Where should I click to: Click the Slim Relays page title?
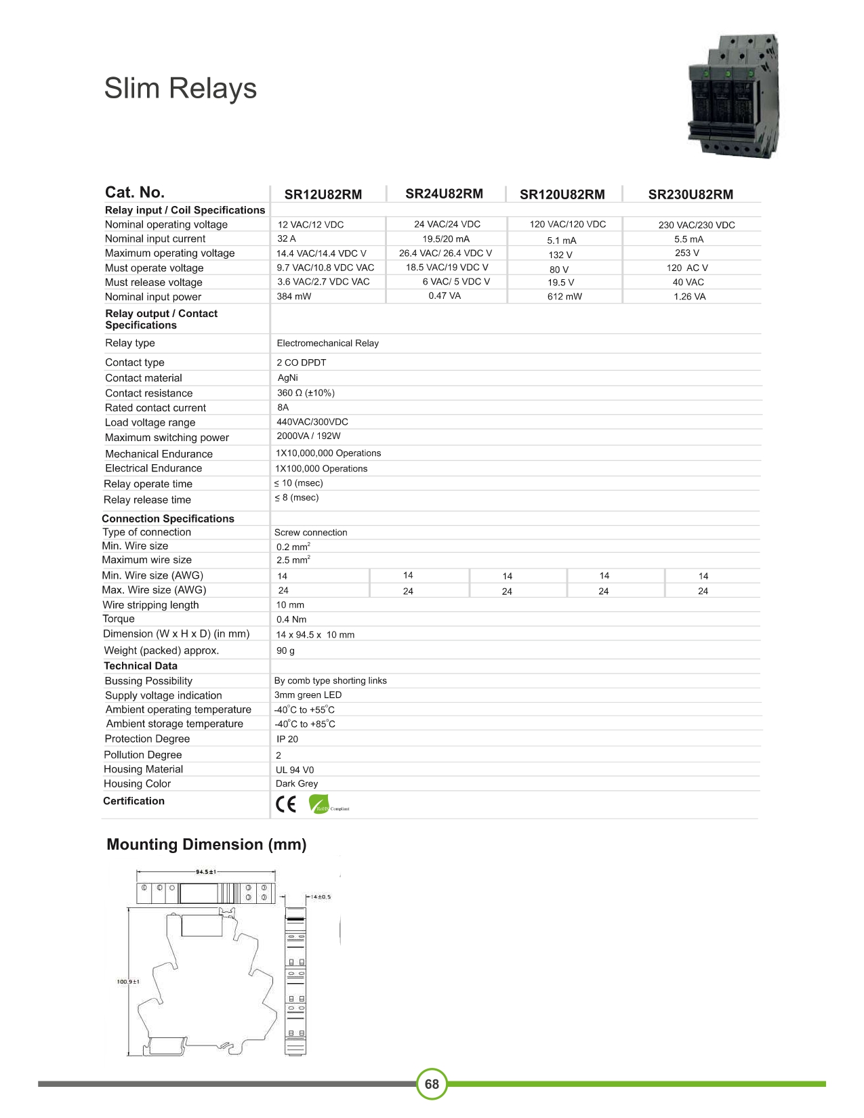180,89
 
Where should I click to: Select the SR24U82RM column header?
444,194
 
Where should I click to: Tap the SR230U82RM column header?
691,194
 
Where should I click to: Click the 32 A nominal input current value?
287,239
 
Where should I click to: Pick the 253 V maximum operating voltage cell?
687,253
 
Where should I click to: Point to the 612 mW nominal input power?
564,297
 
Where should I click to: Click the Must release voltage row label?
154,283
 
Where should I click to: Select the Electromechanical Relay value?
327,344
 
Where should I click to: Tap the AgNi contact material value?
287,378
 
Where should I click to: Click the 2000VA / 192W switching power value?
308,436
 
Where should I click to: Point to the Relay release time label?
147,500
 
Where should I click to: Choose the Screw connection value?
310,533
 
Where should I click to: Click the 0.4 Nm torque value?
291,619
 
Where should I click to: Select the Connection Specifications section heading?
168,518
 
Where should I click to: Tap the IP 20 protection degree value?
287,739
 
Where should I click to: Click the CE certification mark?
286,804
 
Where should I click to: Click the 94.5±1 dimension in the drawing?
206,872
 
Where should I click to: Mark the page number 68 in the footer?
432,1084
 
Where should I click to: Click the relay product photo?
733,96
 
